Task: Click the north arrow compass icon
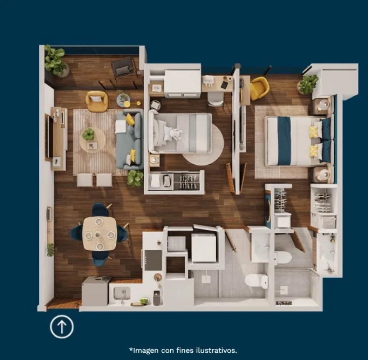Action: (62, 327)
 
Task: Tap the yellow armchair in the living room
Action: (97, 101)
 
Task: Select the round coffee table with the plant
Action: (92, 140)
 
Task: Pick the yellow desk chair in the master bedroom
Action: (259, 88)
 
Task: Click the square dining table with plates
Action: (100, 234)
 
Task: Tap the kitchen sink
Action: (122, 293)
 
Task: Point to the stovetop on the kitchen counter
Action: (153, 260)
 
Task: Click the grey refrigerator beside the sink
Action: (96, 291)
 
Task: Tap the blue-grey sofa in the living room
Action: (130, 139)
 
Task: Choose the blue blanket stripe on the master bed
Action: (284, 141)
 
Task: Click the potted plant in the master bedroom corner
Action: (308, 84)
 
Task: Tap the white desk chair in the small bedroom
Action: (215, 99)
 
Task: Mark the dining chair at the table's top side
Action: (100, 210)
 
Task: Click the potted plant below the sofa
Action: (135, 178)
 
